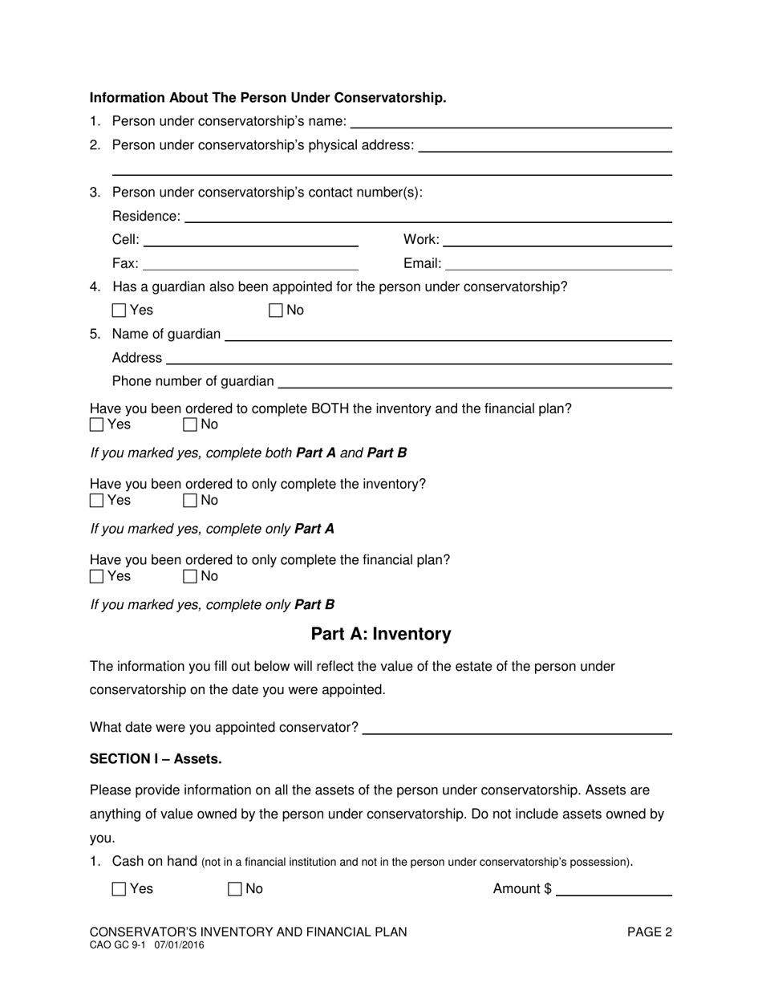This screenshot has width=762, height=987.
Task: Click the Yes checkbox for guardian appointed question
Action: pos(120,311)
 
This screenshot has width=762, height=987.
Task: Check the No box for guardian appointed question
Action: pos(276,311)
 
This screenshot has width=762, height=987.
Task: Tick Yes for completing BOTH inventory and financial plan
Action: pos(97,424)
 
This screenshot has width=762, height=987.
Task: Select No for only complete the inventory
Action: pos(190,501)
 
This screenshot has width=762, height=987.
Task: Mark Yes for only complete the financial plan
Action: pos(97,576)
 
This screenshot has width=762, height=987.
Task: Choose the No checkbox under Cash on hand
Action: pos(235,889)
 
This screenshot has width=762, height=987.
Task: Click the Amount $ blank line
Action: pos(614,889)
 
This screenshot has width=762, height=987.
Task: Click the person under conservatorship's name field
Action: pos(511,121)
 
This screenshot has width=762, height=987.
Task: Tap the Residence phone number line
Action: pos(428,216)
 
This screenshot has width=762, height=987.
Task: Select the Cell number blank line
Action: pos(250,239)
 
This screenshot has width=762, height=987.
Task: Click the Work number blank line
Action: pos(557,239)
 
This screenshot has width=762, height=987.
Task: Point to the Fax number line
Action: pos(250,263)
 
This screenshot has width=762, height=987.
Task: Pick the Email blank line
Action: pos(558,263)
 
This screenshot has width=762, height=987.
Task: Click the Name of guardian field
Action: pos(448,334)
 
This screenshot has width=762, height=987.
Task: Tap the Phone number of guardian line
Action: pos(475,381)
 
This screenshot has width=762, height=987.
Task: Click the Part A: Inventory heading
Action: pos(381,634)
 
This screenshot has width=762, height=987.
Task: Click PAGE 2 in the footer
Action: pos(649,932)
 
